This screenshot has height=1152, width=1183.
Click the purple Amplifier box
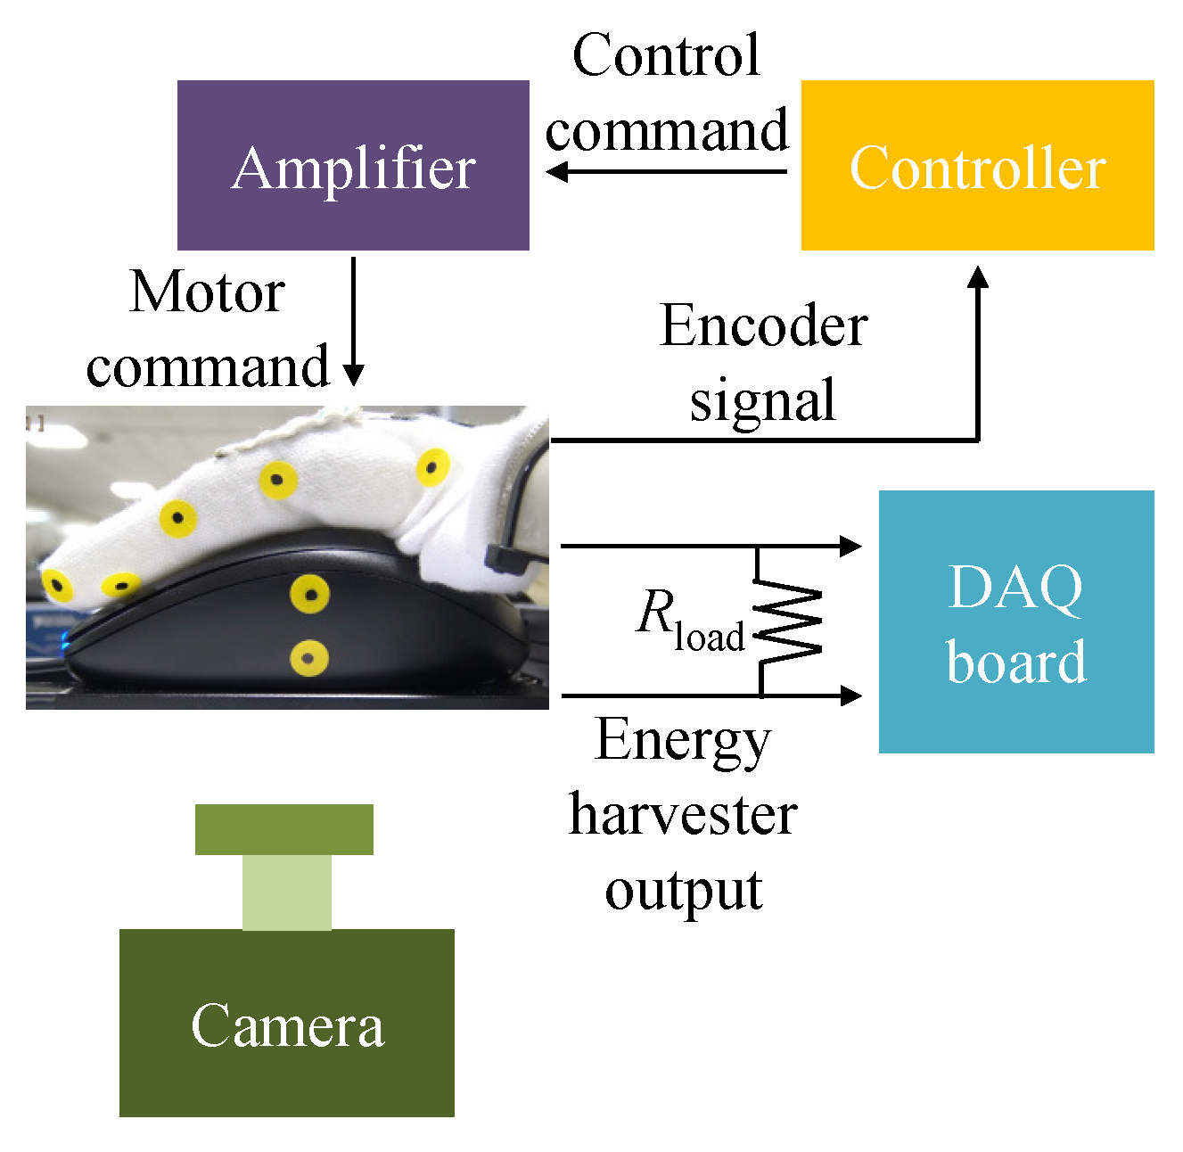click(x=353, y=165)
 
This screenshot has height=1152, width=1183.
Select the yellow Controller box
click(x=977, y=165)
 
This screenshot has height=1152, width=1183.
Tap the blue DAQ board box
click(x=1016, y=621)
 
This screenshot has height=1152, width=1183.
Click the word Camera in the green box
click(x=287, y=1025)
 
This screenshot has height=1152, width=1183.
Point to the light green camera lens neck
click(x=287, y=892)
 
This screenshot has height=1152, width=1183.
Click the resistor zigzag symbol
click(x=788, y=624)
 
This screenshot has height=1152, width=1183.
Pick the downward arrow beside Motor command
click(x=354, y=321)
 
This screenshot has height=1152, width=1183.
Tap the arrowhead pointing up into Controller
click(x=978, y=277)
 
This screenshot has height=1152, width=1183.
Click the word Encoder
click(x=764, y=326)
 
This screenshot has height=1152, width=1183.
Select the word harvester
click(x=683, y=815)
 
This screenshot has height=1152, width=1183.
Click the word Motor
click(x=207, y=292)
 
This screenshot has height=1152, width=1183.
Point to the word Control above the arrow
click(x=666, y=55)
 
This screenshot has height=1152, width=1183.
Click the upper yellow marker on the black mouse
click(x=309, y=594)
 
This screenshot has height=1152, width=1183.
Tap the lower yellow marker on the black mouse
click(x=309, y=658)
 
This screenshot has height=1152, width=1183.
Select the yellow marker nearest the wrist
click(x=432, y=466)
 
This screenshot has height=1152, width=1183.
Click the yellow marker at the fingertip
click(x=57, y=586)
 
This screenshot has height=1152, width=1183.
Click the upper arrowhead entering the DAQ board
click(x=851, y=546)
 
